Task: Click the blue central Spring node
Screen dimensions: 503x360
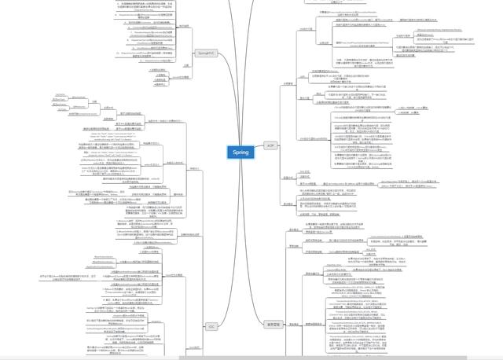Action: [240, 152]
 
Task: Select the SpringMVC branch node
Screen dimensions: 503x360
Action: [206, 52]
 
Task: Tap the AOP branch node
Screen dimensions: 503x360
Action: [270, 145]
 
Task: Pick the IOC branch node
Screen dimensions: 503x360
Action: [211, 325]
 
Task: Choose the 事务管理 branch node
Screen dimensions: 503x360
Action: [274, 324]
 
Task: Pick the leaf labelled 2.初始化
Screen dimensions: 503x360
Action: [160, 75]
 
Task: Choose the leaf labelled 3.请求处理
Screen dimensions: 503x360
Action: [160, 79]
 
